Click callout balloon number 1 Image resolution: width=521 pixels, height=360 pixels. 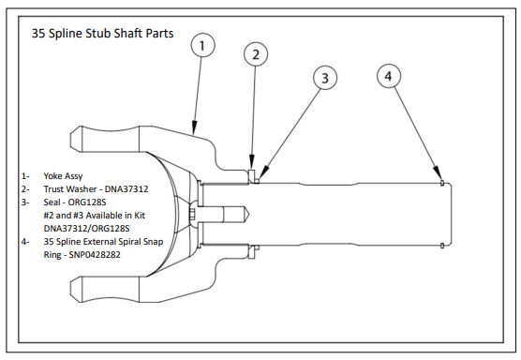pos(203,44)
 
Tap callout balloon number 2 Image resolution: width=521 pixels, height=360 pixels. pos(254,54)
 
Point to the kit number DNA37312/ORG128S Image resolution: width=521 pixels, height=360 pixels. pos(88,227)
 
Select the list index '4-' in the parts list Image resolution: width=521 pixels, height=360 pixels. pos(25,240)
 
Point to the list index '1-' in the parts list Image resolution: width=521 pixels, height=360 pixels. pos(25,175)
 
